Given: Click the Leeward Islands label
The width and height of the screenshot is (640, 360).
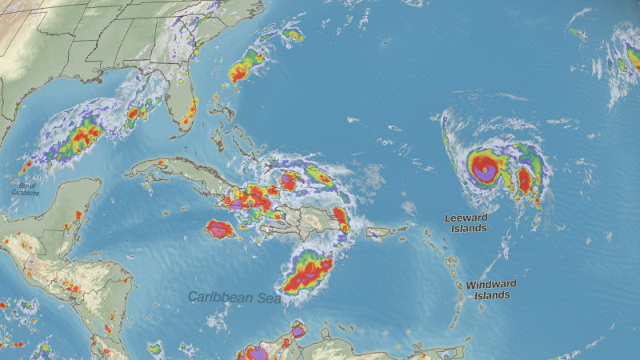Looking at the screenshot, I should tap(465, 222).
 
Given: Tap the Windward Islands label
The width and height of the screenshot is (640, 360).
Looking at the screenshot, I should tap(491, 290).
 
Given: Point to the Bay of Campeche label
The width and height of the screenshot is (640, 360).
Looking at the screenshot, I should tap(24, 189).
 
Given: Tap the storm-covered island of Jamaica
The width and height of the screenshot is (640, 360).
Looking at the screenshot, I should tap(220, 230).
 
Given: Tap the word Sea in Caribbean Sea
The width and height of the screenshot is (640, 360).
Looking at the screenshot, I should tap(267, 298).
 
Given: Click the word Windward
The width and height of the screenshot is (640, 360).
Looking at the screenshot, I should tap(491, 284).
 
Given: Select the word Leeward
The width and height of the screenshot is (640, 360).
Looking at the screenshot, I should tap(465, 217).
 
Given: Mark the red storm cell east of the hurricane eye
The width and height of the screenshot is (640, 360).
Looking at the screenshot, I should tap(525, 179).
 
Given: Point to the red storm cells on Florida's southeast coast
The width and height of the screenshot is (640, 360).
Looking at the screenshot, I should tap(190, 116).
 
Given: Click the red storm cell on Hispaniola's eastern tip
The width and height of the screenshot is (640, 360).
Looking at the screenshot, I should tap(340, 216).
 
